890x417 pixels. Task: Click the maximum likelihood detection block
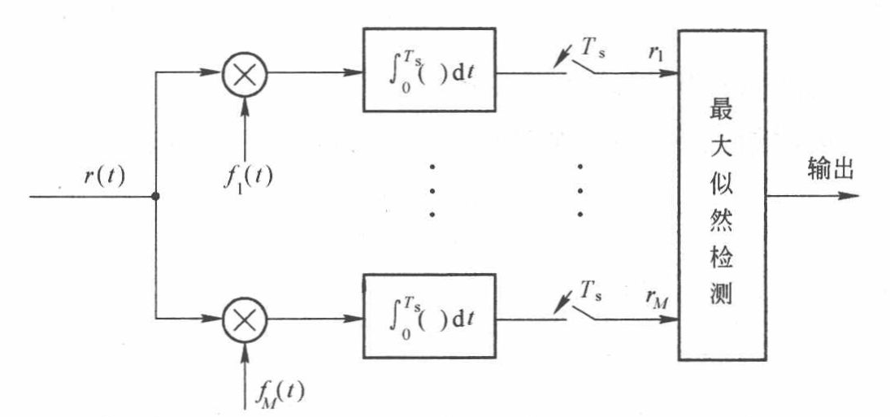pos(722,194)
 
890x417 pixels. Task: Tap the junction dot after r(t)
pos(154,196)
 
